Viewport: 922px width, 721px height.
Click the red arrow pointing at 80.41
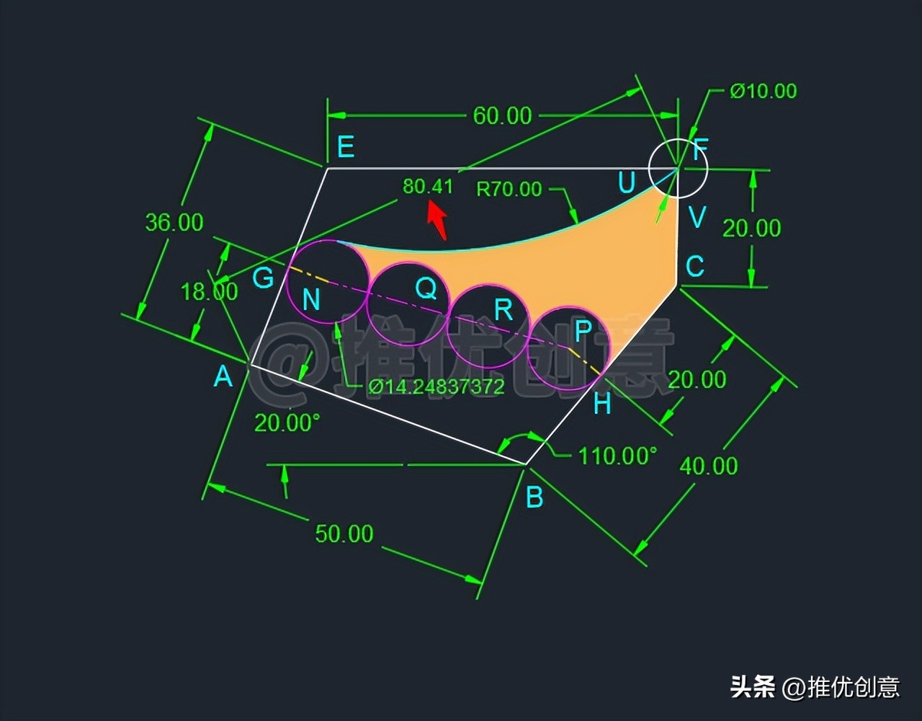437,220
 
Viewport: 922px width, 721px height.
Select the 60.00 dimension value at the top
502,115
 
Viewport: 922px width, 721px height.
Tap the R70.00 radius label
509,189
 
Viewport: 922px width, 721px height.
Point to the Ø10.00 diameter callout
763,91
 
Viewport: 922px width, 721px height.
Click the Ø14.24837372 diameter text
437,387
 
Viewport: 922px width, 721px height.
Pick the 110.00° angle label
618,456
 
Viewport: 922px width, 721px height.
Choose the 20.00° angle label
287,423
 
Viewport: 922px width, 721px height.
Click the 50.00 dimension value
344,534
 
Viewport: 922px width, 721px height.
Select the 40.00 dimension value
709,466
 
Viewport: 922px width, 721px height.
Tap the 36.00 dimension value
174,222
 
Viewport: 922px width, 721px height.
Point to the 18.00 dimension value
209,291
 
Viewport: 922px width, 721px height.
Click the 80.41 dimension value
428,187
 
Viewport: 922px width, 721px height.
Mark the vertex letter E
346,147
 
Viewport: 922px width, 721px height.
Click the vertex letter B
534,497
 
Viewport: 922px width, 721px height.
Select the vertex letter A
223,376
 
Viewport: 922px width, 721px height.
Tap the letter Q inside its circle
426,288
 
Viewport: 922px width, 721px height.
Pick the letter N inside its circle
310,299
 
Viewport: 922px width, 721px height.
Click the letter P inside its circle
583,330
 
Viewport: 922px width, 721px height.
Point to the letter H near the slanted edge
602,404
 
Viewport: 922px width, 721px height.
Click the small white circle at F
678,168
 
